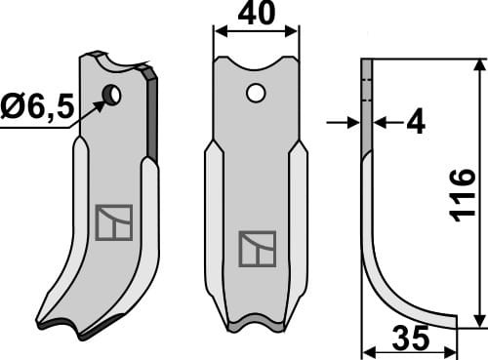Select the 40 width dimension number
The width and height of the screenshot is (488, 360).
[255, 17]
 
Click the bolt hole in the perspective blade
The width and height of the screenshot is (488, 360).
[112, 95]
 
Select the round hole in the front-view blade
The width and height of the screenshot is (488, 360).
[255, 94]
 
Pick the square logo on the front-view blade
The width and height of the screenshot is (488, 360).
[258, 250]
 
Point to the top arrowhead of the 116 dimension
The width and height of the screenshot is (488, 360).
[479, 64]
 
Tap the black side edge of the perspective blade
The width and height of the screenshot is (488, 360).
[151, 112]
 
